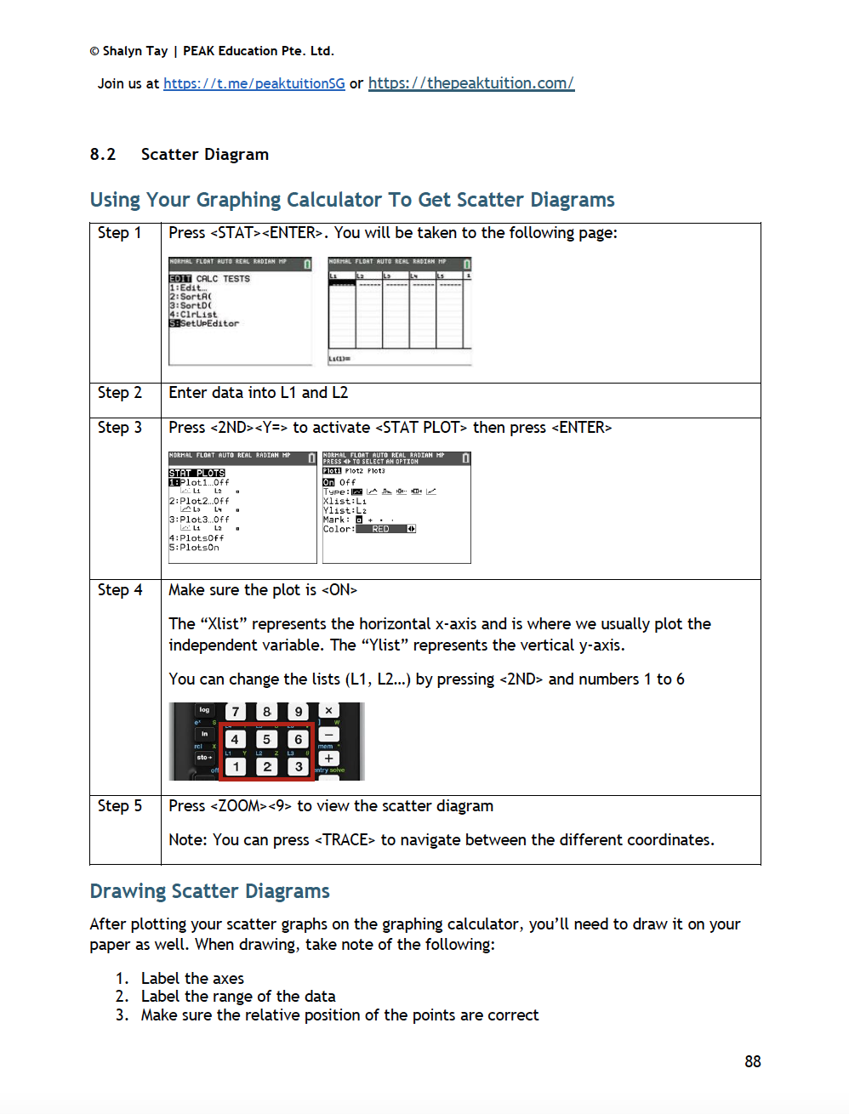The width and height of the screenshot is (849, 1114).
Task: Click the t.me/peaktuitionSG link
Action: [x=254, y=83]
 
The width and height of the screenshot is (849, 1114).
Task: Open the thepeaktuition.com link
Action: [x=470, y=83]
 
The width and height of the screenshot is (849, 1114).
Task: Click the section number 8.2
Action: [x=103, y=154]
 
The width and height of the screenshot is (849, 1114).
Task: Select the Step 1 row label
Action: [x=119, y=233]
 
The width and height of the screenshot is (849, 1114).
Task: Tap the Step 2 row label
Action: [x=119, y=393]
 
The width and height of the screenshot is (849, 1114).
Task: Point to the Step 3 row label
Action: [x=119, y=428]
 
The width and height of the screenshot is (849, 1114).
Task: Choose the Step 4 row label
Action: [x=119, y=590]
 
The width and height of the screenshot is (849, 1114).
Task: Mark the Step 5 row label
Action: [x=119, y=806]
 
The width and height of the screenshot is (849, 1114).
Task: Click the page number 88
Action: [x=752, y=1061]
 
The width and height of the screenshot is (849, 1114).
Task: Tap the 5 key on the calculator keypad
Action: [x=266, y=739]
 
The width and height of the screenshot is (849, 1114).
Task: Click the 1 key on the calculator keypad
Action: [x=236, y=766]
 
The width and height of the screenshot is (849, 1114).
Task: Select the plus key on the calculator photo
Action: [x=328, y=758]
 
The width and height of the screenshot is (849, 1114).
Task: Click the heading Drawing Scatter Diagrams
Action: [x=209, y=891]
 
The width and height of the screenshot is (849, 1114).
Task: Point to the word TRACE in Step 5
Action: [x=345, y=840]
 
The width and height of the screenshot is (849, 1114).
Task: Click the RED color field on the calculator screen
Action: [x=381, y=529]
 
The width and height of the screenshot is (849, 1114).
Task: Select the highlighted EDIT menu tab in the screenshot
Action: [x=180, y=279]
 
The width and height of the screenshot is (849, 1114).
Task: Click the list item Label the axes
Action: [x=192, y=979]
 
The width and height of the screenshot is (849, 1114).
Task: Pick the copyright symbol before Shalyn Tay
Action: [x=94, y=51]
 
